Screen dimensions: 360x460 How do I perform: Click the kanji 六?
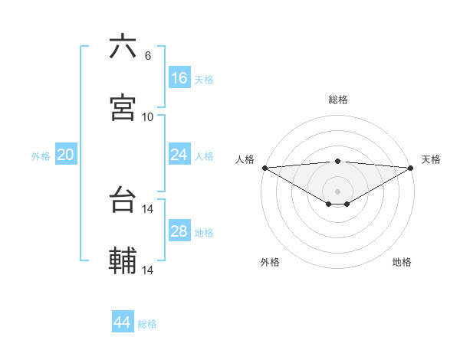coord(123,47)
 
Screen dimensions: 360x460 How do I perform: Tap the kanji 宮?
coord(123,108)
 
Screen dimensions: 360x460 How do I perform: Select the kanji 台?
coord(123,201)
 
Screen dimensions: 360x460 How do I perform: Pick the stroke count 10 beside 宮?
coord(148,116)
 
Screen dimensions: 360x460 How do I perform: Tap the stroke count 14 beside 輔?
coord(148,270)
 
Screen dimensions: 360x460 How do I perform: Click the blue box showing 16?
coord(179,78)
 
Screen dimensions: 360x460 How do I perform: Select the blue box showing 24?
coord(179,155)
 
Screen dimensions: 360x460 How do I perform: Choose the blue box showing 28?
coord(179,231)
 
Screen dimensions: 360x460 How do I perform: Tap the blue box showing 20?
coord(66,155)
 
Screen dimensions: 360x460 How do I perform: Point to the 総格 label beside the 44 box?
coord(147,324)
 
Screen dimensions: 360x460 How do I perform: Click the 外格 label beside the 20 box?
coord(41,155)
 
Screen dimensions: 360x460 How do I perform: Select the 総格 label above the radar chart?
coord(338,100)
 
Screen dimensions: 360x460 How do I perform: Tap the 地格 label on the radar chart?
coord(402,262)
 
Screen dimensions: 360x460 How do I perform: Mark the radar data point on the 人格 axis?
coord(264,168)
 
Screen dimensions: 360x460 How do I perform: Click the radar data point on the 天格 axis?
coord(411,168)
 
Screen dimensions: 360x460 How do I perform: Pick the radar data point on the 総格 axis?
coord(338,161)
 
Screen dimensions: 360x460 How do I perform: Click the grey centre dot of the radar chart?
coord(338,191)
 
